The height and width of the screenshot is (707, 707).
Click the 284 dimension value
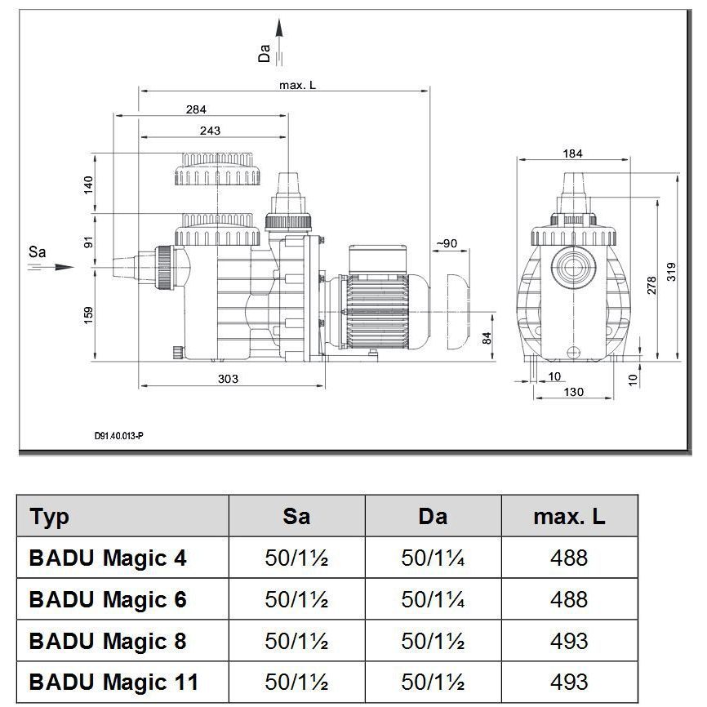196,109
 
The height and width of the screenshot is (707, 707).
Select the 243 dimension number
210,131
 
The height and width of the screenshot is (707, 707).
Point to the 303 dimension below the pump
228,379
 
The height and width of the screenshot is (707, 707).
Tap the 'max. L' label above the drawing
298,85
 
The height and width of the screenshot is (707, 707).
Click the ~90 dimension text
447,243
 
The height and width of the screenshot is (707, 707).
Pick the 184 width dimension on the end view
572,153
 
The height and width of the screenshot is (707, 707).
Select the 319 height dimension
671,272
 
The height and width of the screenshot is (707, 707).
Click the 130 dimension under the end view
574,392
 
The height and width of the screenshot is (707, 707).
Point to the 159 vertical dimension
88,316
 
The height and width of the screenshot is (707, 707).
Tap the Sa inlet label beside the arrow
37,251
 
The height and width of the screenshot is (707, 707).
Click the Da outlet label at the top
265,53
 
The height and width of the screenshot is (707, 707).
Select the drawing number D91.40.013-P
119,436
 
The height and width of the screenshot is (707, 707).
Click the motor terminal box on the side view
378,259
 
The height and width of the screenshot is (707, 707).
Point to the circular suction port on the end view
573,268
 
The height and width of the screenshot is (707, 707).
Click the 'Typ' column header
50,517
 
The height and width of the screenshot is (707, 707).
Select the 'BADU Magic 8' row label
108,641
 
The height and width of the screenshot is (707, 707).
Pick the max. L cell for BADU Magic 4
569,558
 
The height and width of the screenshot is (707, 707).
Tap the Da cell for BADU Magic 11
433,682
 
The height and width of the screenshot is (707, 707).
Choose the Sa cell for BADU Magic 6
296,599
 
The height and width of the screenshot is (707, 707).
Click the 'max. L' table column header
569,517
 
